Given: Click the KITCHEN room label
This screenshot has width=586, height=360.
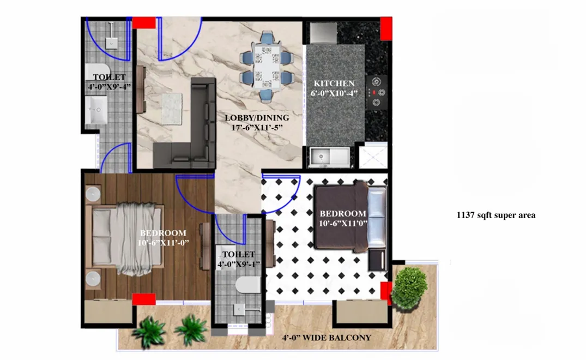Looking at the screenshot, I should pyautogui.click(x=334, y=83).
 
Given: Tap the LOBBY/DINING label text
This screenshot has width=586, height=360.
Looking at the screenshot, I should pyautogui.click(x=257, y=118).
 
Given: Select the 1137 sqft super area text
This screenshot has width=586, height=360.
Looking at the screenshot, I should pyautogui.click(x=496, y=215).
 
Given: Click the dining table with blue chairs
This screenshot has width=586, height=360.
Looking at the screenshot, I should pyautogui.click(x=267, y=66).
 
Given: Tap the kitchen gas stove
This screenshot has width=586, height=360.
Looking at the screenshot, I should pyautogui.click(x=376, y=91).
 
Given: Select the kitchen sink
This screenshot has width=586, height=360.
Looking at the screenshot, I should pyautogui.click(x=330, y=157).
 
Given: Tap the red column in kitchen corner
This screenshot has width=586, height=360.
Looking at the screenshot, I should pyautogui.click(x=386, y=28).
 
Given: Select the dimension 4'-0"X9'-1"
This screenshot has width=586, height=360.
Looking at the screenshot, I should pyautogui.click(x=238, y=265).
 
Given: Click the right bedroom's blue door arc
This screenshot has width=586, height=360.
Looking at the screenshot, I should pyautogui.click(x=281, y=193).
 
